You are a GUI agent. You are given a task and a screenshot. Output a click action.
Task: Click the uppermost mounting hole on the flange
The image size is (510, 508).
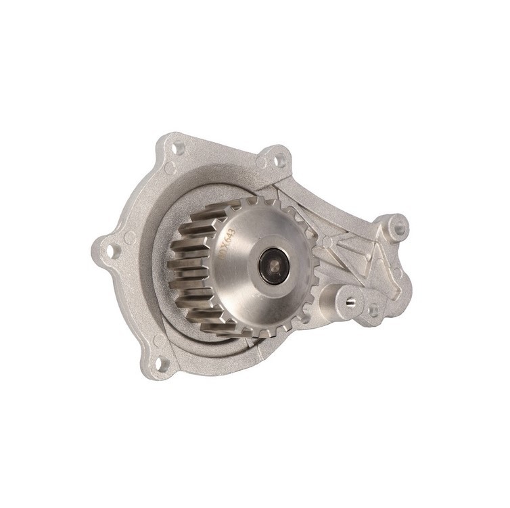179,145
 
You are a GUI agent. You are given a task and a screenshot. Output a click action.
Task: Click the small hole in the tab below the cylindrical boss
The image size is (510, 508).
371,310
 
